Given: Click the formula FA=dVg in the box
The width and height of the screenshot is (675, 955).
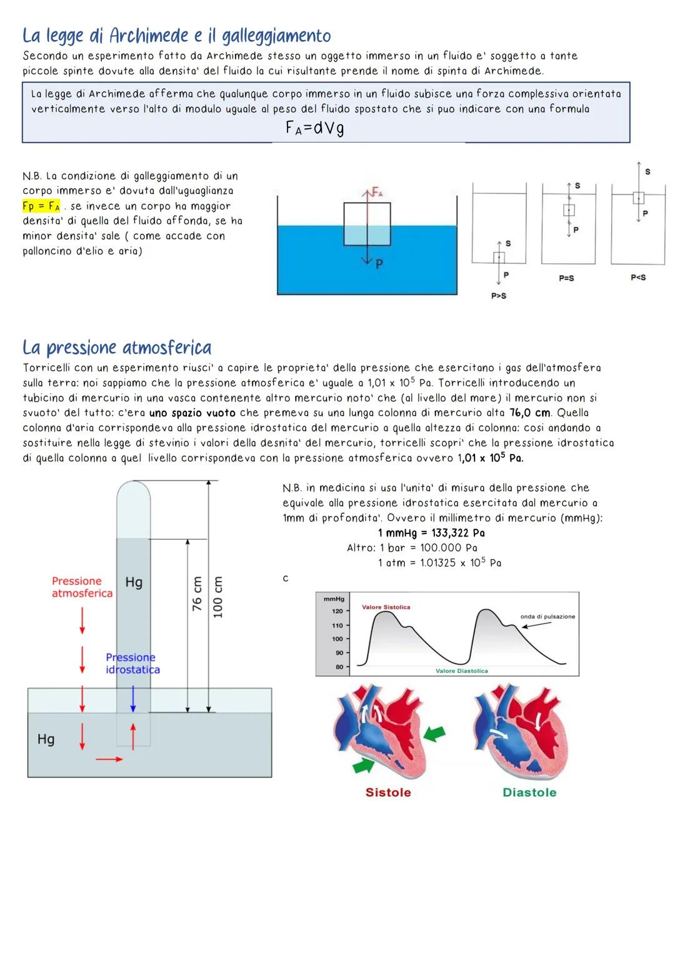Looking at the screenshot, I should (314, 128).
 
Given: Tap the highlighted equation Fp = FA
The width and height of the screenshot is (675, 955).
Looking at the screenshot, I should (41, 206).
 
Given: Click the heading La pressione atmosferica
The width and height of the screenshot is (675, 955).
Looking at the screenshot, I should (117, 347).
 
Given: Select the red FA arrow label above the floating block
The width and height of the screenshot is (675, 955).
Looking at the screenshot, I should (376, 191).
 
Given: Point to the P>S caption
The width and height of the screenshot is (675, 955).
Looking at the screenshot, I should (498, 296).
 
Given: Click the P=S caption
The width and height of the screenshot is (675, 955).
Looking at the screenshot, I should (566, 278).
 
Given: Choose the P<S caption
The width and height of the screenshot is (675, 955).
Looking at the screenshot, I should (638, 277).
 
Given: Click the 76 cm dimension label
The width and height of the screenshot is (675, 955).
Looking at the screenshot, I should (197, 594).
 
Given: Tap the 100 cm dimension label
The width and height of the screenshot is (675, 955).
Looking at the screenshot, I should (218, 597).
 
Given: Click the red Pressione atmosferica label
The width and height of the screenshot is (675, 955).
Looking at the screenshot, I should (82, 587).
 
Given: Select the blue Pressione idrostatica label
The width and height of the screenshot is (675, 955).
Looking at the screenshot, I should (132, 664).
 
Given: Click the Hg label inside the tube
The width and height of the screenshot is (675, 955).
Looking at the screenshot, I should (134, 582).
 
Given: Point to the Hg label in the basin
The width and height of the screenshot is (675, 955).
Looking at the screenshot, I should (46, 739).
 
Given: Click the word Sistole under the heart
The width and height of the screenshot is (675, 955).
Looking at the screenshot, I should (388, 792).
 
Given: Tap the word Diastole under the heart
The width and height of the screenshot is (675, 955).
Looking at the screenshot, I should (529, 792).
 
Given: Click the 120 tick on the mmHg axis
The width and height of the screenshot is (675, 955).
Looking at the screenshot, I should (337, 611).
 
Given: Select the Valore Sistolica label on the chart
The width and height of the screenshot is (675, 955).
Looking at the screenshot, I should (386, 607).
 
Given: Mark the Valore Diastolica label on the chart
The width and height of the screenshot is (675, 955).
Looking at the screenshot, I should (461, 671).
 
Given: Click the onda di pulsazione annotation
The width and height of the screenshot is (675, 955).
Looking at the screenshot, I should (547, 617).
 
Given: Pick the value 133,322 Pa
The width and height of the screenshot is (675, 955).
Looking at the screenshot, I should (457, 533).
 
